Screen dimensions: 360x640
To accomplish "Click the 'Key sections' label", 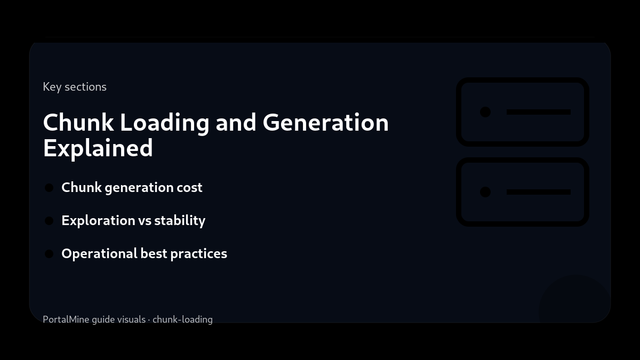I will pyautogui.click(x=75, y=87).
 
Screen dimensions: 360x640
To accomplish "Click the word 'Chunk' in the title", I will pyautogui.click(x=78, y=123).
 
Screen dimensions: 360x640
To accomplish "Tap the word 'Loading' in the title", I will pyautogui.click(x=164, y=123).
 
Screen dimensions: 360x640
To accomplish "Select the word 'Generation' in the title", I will pyautogui.click(x=325, y=123).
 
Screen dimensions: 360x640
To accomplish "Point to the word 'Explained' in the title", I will pyautogui.click(x=98, y=148).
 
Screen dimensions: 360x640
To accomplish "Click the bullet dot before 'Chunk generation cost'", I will pyautogui.click(x=49, y=188).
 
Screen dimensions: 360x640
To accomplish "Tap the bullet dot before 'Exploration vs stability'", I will pyautogui.click(x=49, y=221).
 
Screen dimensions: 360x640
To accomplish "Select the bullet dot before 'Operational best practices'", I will pyautogui.click(x=49, y=254).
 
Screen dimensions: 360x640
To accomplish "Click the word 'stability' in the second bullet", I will pyautogui.click(x=180, y=221).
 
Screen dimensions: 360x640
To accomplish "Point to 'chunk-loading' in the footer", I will pyautogui.click(x=182, y=319).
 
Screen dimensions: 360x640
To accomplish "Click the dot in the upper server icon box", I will pyautogui.click(x=485, y=112).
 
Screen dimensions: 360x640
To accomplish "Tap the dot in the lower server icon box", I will pyautogui.click(x=485, y=192).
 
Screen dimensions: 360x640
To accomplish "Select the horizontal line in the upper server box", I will pyautogui.click(x=539, y=112).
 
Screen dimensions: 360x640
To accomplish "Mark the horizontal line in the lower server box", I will pyautogui.click(x=539, y=192).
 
